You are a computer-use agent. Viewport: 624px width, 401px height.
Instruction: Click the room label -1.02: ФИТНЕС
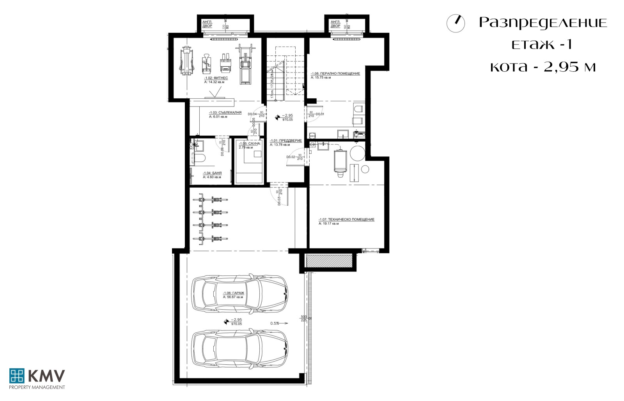tap(216, 78)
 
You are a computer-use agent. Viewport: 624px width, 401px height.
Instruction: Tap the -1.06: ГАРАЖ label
tap(233, 293)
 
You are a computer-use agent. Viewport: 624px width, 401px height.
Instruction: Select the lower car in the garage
tap(239, 348)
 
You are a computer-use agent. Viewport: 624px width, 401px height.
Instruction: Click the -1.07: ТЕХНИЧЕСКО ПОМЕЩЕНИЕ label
tap(346, 220)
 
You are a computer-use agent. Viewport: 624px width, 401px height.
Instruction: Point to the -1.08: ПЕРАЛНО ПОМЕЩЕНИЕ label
tap(335, 73)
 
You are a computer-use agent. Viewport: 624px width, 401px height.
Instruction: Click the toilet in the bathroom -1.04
tap(200, 158)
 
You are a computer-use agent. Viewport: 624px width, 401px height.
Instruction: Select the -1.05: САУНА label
tap(250, 144)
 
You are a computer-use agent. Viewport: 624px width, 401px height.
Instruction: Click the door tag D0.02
tap(291, 157)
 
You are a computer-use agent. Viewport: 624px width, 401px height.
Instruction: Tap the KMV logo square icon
tap(17, 376)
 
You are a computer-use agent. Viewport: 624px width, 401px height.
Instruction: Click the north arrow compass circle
tap(456, 23)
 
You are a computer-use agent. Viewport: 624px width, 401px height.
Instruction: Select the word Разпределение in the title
tap(543, 23)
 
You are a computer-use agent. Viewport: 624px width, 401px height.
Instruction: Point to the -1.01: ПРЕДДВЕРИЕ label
tap(286, 141)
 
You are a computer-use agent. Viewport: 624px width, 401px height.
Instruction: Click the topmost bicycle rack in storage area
tap(210, 200)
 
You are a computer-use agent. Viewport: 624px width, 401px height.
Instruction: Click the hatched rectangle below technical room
tap(328, 261)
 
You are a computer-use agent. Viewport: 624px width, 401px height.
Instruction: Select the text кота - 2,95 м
tap(543, 67)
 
